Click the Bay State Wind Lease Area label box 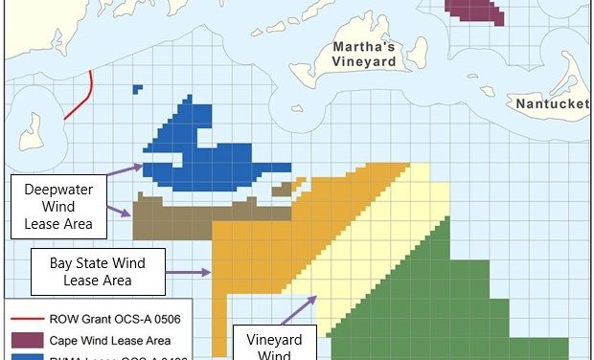97,271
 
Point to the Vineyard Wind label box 268,342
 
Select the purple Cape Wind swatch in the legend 26,339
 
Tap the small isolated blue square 138,89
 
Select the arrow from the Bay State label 188,272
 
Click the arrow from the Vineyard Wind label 300,310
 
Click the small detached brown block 281,191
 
